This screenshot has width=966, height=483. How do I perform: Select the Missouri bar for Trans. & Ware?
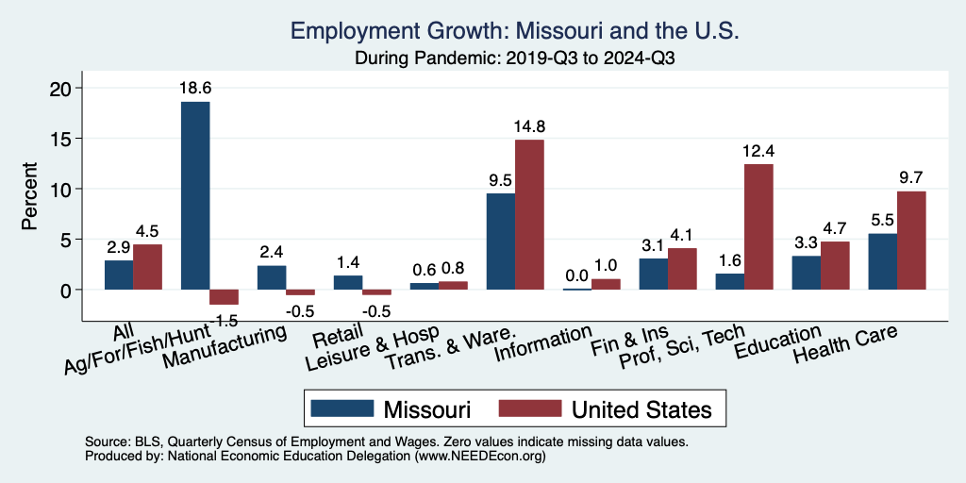(x=500, y=241)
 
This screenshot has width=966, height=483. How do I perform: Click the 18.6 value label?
(x=195, y=88)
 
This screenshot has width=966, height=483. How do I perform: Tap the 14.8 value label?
(x=529, y=125)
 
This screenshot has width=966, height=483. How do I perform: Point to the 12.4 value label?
(x=758, y=150)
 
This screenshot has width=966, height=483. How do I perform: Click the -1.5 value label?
(x=224, y=321)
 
